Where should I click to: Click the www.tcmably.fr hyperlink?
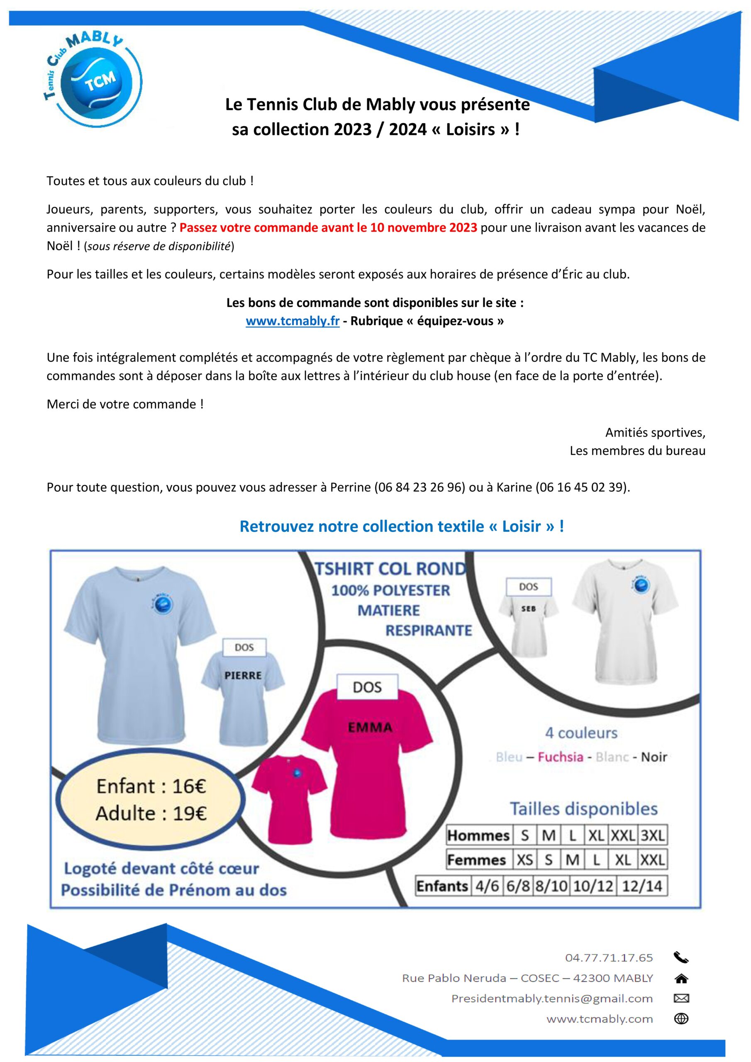293,321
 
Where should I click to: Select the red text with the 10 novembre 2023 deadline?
328,228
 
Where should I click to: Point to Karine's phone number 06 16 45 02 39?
582,487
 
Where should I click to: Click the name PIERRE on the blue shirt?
243,675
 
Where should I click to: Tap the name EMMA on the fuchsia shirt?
370,727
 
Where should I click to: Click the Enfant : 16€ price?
151,786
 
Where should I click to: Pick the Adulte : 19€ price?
151,813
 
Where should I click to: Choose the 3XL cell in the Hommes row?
652,835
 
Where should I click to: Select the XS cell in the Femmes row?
525,860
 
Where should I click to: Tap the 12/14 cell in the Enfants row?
642,886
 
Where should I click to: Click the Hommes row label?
478,835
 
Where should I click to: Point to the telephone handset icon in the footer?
681,957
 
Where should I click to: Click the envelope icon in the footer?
681,998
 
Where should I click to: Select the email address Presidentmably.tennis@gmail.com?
552,998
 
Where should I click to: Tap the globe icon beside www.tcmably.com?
681,1018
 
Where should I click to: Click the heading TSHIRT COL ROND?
390,568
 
